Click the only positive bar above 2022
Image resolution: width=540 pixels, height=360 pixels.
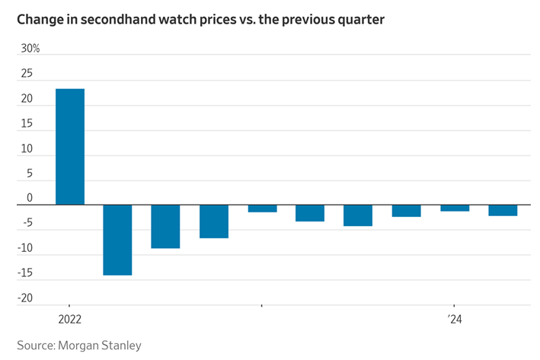tap(70, 147)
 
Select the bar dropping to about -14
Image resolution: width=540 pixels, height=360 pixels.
tap(117, 240)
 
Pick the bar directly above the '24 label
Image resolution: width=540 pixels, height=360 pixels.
tap(455, 208)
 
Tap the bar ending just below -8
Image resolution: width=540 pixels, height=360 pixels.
tap(165, 227)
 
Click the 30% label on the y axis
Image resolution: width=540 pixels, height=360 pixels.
tap(30, 49)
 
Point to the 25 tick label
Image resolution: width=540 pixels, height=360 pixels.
tap(27, 73)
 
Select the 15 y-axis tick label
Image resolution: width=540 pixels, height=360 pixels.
tap(27, 123)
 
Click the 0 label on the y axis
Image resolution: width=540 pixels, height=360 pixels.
tap(30, 198)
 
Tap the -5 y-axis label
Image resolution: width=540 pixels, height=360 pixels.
tap(27, 223)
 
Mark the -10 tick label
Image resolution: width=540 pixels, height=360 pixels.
tap(25, 248)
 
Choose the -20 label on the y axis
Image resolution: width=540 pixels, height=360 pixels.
tap(25, 298)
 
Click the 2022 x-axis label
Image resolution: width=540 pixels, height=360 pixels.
tap(70, 320)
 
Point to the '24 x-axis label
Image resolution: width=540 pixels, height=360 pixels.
tap(455, 320)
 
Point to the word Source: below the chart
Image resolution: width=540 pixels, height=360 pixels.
tap(36, 346)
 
